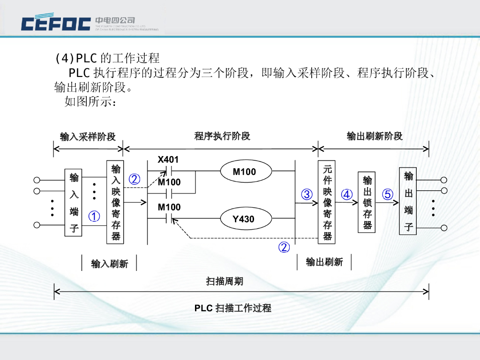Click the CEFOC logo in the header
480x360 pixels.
56,23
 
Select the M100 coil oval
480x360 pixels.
245,172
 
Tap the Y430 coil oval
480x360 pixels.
244,218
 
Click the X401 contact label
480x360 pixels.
168,160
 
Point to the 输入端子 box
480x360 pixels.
74,203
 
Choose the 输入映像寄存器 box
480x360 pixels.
116,202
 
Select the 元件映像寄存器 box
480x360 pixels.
327,202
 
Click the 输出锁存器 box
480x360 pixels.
367,202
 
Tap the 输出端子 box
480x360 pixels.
408,202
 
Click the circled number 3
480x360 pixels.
307,195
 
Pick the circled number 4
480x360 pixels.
347,195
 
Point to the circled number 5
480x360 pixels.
387,195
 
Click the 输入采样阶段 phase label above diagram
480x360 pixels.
88,137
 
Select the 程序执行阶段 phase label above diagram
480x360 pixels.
222,136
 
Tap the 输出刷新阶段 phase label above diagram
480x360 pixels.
375,136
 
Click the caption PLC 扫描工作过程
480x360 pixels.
232,308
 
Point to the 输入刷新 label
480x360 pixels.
109,264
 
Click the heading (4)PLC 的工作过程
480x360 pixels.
107,58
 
